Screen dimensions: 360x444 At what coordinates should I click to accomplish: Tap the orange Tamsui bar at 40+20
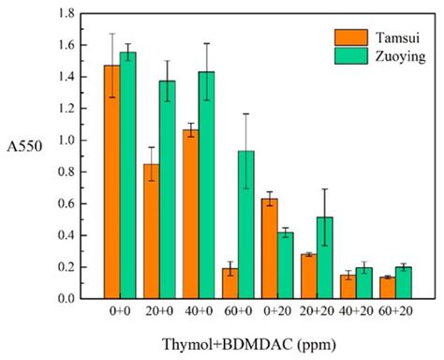click(x=347, y=287)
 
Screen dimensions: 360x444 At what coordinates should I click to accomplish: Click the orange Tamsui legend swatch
click(x=349, y=37)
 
